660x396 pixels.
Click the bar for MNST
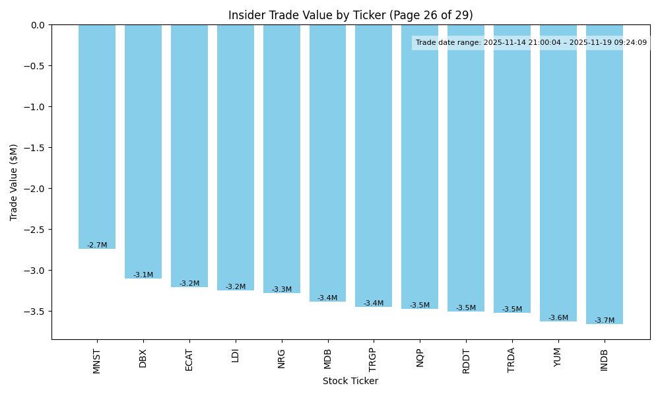(x=97, y=137)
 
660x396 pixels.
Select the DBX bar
(x=143, y=151)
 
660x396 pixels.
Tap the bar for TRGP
(x=374, y=166)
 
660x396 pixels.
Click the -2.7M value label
(x=97, y=246)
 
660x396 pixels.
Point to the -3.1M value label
(x=143, y=275)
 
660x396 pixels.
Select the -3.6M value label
(x=558, y=318)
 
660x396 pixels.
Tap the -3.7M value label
(x=604, y=321)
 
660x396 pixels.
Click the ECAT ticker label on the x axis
(x=189, y=360)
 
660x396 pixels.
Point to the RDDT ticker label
(x=466, y=360)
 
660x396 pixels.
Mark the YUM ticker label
(x=558, y=358)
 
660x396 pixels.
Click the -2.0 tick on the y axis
(x=37, y=189)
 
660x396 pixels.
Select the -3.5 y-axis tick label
(x=37, y=312)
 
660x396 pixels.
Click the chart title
(x=350, y=15)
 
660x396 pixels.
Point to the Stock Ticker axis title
(x=350, y=381)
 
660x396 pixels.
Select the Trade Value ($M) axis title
(x=14, y=182)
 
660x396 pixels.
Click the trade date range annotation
(x=531, y=43)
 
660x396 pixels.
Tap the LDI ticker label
(x=236, y=356)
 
